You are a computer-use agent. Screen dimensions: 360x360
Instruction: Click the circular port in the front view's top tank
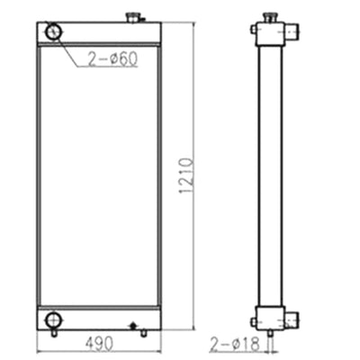click(52, 32)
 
